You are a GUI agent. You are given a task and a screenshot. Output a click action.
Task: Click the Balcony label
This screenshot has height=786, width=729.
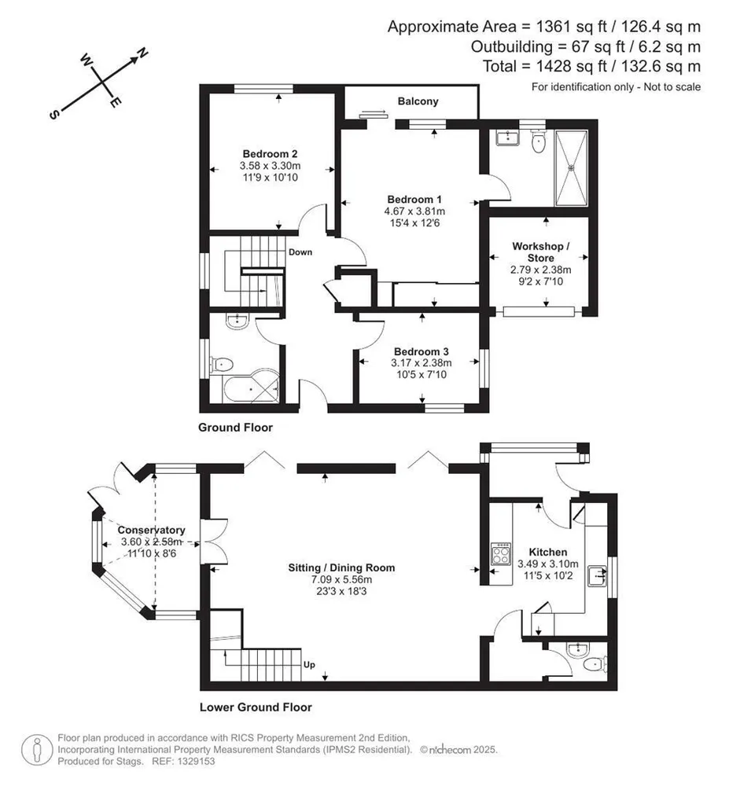pos(418,101)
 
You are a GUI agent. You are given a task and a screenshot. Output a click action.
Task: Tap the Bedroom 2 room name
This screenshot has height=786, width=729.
pos(270,154)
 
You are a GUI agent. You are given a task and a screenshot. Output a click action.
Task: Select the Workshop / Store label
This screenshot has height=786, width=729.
pos(540,252)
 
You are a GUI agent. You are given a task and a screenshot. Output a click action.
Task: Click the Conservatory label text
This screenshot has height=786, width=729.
pos(152,530)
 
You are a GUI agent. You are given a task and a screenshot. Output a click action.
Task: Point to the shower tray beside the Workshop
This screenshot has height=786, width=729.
pos(571,168)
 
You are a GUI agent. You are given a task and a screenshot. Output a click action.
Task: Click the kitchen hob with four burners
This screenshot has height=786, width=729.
pos(502,554)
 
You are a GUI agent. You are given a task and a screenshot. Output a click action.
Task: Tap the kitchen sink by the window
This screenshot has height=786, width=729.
pos(597,575)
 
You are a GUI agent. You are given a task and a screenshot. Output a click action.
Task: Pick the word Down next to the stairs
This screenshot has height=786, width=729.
pos(300,252)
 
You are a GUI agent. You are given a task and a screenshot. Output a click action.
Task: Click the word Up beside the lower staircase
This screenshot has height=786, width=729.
pos(309,665)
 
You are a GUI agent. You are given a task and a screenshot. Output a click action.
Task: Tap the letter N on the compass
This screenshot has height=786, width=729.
pos(143,53)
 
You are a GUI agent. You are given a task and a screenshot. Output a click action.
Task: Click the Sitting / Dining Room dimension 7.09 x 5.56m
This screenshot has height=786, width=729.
pos(341,579)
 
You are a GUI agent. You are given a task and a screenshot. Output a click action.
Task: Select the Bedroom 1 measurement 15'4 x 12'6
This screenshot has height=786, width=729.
pos(414,223)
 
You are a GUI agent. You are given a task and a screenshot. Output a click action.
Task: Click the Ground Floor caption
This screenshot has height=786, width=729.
pos(236,428)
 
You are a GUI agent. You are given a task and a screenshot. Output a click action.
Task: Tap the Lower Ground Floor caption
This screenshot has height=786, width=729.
pos(256,707)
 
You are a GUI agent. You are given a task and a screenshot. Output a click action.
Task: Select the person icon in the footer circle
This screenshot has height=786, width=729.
pos(37,750)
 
